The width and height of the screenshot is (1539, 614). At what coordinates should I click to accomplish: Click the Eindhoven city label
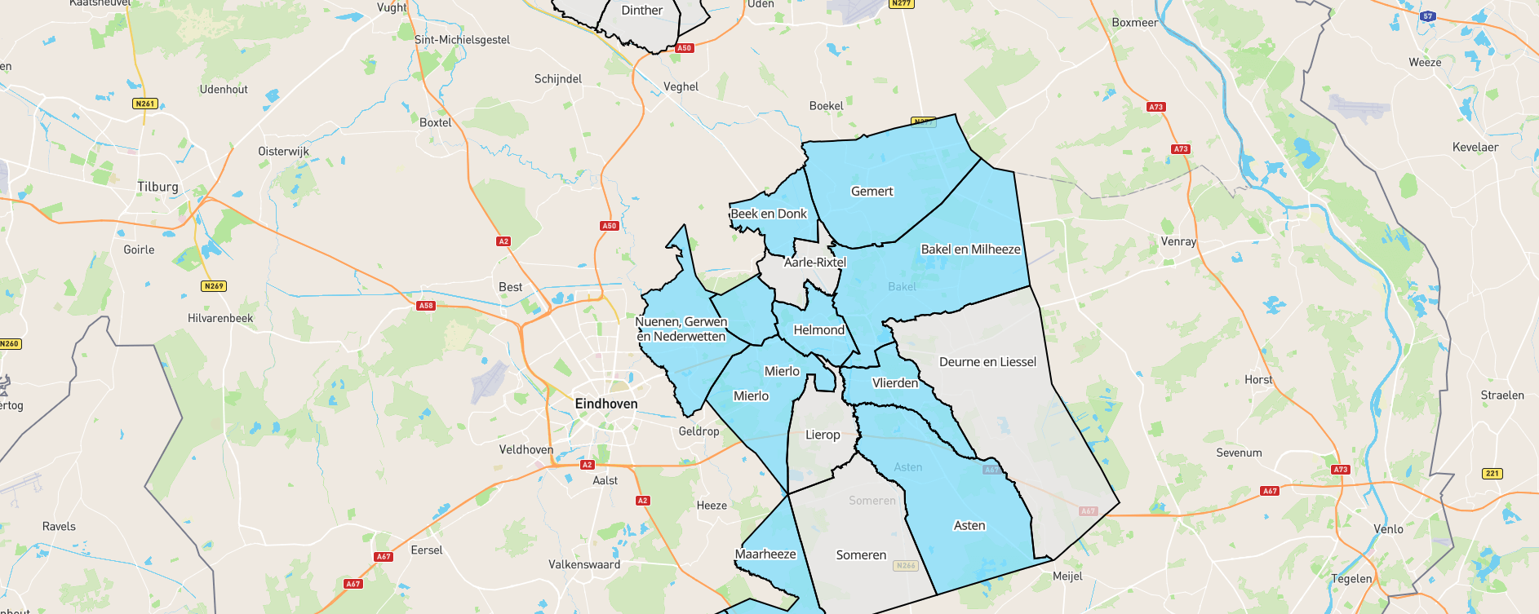[606, 404]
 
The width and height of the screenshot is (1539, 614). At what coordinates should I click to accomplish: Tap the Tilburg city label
[157, 187]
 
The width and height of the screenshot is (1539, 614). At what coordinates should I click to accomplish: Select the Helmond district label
[818, 330]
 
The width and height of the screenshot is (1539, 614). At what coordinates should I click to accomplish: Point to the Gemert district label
[872, 192]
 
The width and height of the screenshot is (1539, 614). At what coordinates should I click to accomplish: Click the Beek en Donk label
[768, 214]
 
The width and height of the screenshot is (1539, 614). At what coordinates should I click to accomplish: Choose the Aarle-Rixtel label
[814, 263]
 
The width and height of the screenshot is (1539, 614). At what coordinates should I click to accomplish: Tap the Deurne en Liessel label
[987, 362]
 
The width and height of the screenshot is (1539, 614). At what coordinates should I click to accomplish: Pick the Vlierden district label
[894, 383]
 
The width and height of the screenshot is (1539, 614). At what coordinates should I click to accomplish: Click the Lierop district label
[823, 435]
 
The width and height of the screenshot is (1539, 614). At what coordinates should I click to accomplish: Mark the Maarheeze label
[765, 554]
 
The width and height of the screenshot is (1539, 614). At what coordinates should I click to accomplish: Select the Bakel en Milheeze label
[970, 250]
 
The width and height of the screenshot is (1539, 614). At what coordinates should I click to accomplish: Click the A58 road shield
[426, 306]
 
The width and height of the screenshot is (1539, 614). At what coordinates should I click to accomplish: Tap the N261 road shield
[145, 104]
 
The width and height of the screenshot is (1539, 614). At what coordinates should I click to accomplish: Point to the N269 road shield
[214, 286]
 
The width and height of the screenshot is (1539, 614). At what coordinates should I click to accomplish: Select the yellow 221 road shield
[1492, 474]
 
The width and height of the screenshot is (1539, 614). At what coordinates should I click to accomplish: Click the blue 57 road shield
[1427, 16]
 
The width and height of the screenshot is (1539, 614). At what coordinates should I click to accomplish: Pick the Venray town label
[1178, 242]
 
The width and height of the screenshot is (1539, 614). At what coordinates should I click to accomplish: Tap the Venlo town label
[1388, 529]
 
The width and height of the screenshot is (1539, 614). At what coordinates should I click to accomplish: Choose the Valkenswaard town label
[584, 565]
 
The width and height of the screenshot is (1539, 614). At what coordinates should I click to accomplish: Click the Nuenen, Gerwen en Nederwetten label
[681, 329]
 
